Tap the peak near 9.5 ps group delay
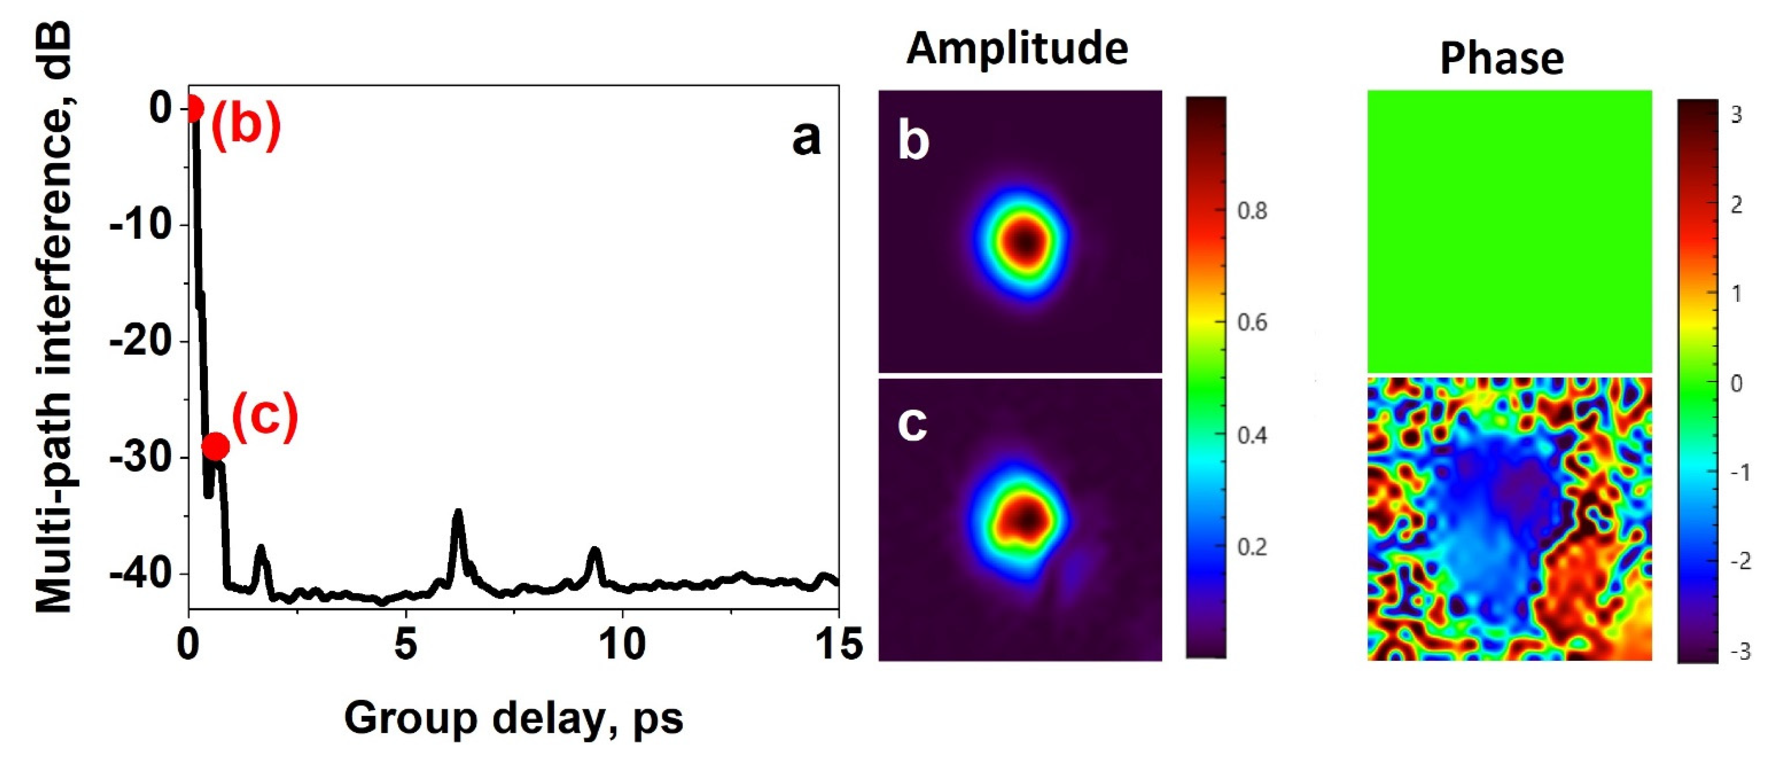(594, 551)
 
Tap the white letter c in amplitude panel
(911, 424)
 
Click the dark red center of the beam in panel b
(1025, 242)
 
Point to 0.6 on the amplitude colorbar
(1252, 322)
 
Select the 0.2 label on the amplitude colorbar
(1252, 547)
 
